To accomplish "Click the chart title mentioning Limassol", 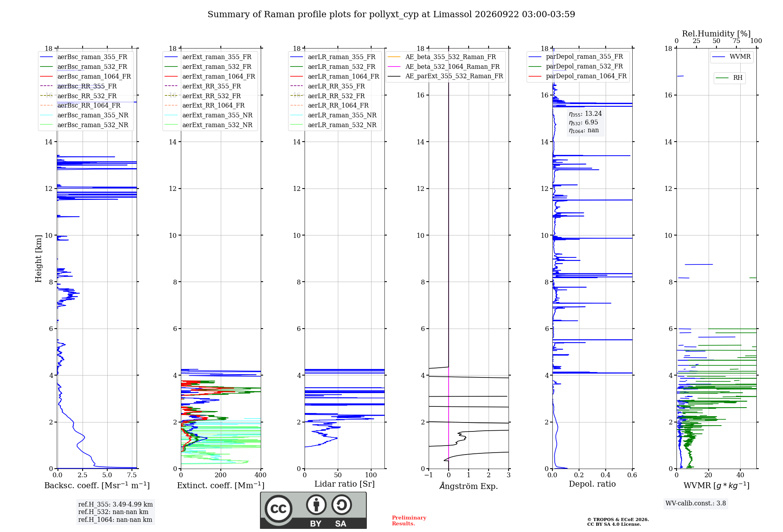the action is pyautogui.click(x=391, y=14).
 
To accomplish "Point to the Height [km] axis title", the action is pyautogui.click(x=38, y=259).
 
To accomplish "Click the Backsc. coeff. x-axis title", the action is pyautogui.click(x=97, y=485).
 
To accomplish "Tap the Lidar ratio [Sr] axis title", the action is pyautogui.click(x=345, y=484).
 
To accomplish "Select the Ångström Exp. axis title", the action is pyautogui.click(x=469, y=486).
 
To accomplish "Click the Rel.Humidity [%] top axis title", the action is pyautogui.click(x=716, y=34).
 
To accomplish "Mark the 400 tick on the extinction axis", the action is pyautogui.click(x=260, y=475).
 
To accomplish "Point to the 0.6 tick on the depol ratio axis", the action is pyautogui.click(x=632, y=475).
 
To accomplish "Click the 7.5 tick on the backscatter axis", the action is pyautogui.click(x=132, y=475).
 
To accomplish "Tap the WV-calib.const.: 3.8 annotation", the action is pyautogui.click(x=696, y=503).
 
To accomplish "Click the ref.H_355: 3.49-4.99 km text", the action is pyautogui.click(x=115, y=505).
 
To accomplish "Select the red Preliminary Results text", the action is pyautogui.click(x=409, y=521).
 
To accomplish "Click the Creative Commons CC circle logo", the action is pyautogui.click(x=278, y=509).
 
